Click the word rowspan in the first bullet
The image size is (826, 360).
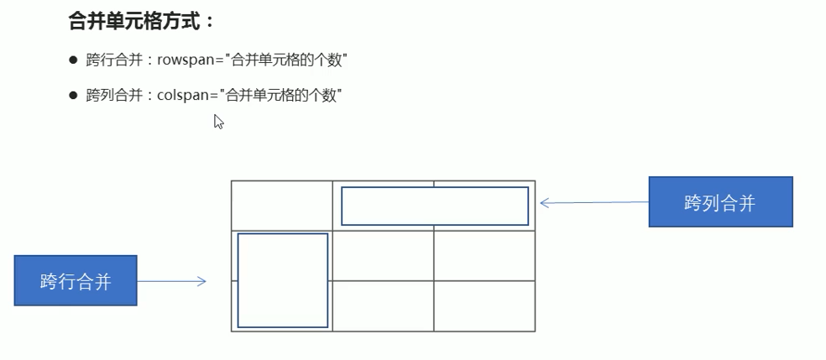pos(183,61)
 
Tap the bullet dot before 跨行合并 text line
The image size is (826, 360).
pos(73,61)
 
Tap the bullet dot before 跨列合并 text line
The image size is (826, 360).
pos(73,95)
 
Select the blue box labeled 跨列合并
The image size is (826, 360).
pos(720,202)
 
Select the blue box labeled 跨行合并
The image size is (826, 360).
pos(76,281)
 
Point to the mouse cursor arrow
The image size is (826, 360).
pos(218,121)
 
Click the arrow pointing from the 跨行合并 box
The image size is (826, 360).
pos(172,282)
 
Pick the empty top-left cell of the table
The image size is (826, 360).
pos(281,205)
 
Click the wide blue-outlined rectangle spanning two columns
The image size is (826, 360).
pos(434,206)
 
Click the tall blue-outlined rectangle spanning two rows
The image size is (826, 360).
pos(282,280)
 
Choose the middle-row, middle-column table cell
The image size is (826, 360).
pos(383,256)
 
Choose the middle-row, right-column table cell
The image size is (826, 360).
pos(484,256)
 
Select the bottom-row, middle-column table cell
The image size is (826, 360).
pos(383,306)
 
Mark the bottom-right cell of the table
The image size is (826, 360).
pos(484,306)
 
